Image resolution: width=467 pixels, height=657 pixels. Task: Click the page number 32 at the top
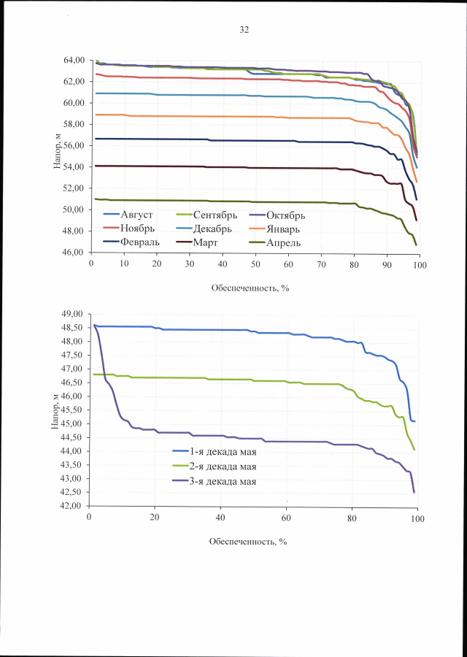coord(244,30)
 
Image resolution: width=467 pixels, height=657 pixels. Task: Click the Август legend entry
coord(144,215)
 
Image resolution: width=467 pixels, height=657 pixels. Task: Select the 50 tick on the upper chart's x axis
coord(255,264)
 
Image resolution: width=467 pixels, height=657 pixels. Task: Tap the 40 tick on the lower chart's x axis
coord(220,518)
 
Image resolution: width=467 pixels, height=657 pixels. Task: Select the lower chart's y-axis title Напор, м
coord(56,411)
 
